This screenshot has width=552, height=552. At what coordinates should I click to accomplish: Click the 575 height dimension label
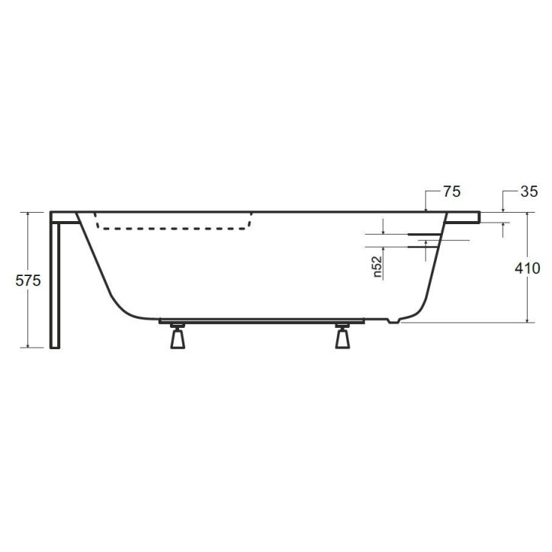point(28,280)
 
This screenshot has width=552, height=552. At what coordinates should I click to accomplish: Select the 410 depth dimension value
point(527,268)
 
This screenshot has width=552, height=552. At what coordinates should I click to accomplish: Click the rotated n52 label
point(377,268)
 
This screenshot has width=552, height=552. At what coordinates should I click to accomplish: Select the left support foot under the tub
point(178,336)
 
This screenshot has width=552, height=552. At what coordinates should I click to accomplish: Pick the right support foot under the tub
point(342,336)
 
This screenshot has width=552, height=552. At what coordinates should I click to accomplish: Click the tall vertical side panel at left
point(55,282)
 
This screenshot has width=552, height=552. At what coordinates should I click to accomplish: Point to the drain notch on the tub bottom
point(393,321)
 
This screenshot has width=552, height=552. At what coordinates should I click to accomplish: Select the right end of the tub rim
point(478,217)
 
